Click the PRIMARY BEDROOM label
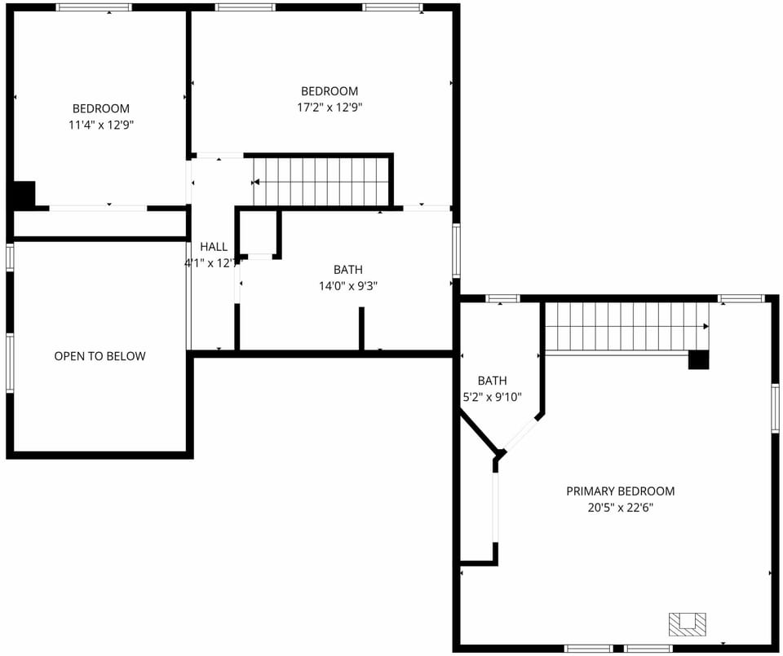coord(620,491)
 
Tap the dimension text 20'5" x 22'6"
coord(620,507)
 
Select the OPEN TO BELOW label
coord(100,356)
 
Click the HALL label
coord(214,247)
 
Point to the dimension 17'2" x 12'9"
coord(329,107)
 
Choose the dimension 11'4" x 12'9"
coord(101,125)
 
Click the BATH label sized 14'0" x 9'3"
coord(347,270)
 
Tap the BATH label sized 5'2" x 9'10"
coord(492,381)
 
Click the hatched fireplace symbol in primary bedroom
coord(687,624)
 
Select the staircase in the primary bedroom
coord(625,327)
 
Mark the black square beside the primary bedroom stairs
coord(698,359)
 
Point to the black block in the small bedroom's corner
coord(23,196)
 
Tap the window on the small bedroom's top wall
coord(94,7)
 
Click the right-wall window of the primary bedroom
coord(775,407)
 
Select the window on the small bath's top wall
coord(502,299)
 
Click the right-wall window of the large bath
coord(457,250)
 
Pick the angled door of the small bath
coord(520,433)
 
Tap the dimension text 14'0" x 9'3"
coord(347,286)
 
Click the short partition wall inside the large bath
coord(361,328)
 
